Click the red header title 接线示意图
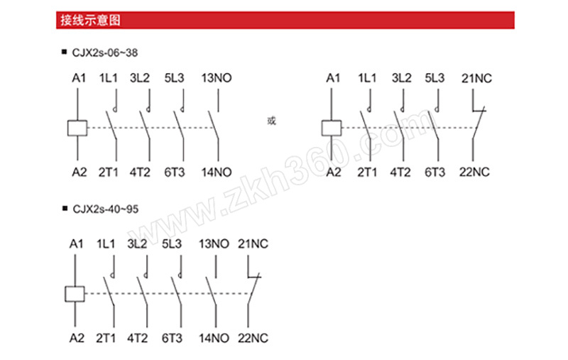point(90,21)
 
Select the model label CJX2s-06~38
point(105,53)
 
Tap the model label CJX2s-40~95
point(105,209)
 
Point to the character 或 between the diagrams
point(271,121)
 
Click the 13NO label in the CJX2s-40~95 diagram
point(214,244)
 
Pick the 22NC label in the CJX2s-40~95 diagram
point(253,338)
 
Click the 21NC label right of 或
point(476,78)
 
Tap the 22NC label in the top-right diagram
point(474,172)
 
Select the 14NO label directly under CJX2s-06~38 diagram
point(217,173)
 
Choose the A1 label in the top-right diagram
point(333,78)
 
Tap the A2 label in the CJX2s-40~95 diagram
point(77,338)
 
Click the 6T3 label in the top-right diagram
point(435,172)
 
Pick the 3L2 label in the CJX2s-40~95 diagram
point(137,244)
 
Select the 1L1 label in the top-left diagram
point(109,78)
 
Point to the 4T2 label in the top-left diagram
point(140,173)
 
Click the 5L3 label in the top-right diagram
point(435,78)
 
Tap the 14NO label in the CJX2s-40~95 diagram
point(214,338)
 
